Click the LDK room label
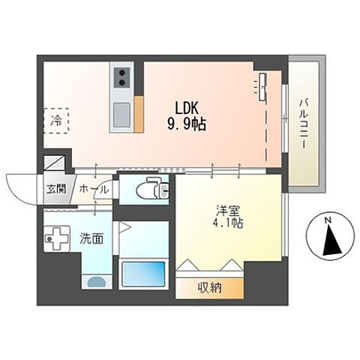pyautogui.click(x=187, y=108)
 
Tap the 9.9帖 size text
pyautogui.click(x=187, y=124)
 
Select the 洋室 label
pyautogui.click(x=228, y=211)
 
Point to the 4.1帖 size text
pyautogui.click(x=228, y=223)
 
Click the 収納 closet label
pyautogui.click(x=210, y=288)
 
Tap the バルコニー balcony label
pyautogui.click(x=304, y=124)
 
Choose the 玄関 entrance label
pyautogui.click(x=56, y=189)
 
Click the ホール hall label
pyautogui.click(x=94, y=190)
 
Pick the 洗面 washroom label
pyautogui.click(x=91, y=238)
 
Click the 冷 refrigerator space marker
pyautogui.click(x=56, y=121)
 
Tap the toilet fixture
pyautogui.click(x=153, y=190)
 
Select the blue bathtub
pyautogui.click(x=143, y=274)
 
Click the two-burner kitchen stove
pyautogui.click(x=122, y=77)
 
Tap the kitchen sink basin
pyautogui.click(x=122, y=115)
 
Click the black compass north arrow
pyautogui.click(x=331, y=240)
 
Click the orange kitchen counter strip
pyautogui.click(x=139, y=114)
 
